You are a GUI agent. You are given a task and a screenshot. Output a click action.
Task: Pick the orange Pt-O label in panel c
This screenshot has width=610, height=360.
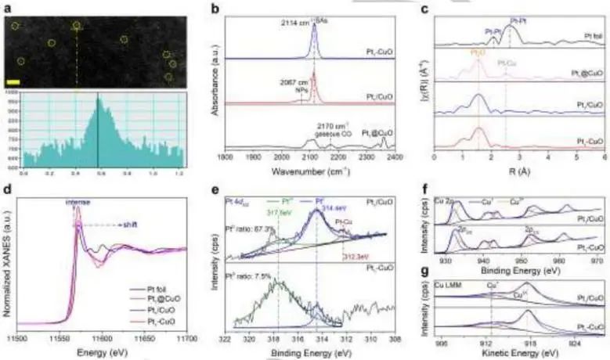click(x=477, y=52)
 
